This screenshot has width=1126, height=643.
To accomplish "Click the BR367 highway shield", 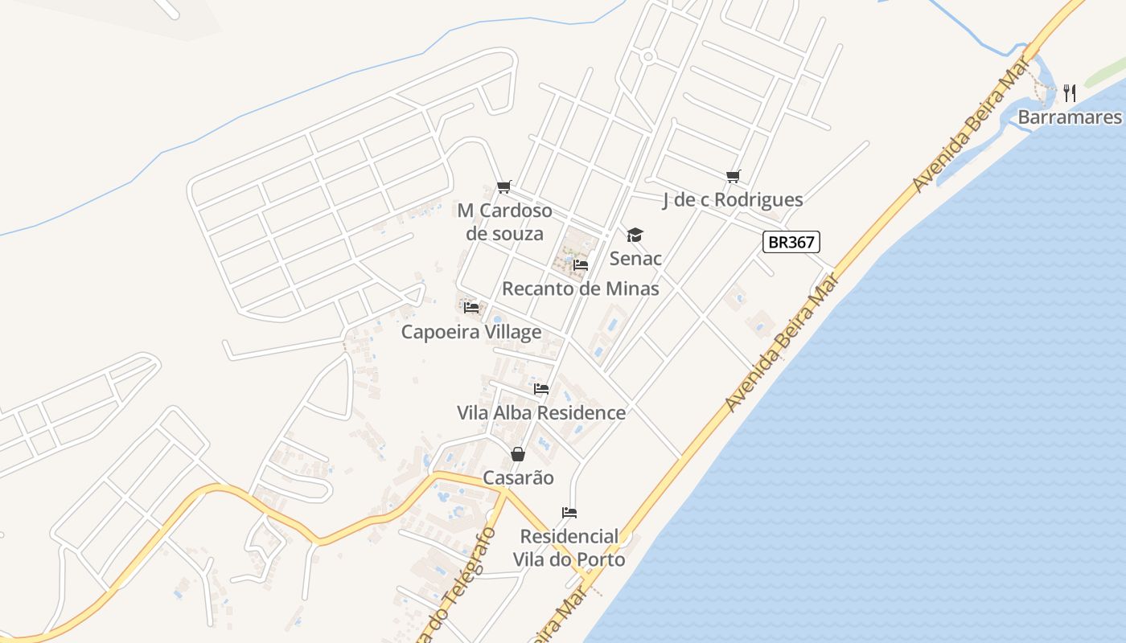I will coord(791,242).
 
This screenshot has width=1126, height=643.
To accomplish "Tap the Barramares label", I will coord(1070,117).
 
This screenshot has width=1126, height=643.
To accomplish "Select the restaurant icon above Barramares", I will coord(1070,93).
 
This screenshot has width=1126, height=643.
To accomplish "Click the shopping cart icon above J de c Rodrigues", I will coord(733,176).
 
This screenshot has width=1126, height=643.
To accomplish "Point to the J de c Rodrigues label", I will coord(733,200).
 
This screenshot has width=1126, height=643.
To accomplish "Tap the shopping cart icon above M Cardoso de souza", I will coord(504,187).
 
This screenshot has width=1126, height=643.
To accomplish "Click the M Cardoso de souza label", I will coord(504,222).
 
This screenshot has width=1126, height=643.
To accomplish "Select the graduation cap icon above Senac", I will coord(635,235).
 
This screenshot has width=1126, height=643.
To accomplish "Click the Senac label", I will coord(635,258).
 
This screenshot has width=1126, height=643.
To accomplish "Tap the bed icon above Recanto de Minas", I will coord(581,264).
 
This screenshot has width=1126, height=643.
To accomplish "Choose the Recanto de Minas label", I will coord(581,289).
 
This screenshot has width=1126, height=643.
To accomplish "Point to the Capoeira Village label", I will coord(471,332).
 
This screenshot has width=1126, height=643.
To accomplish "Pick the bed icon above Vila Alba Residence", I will coord(541,389).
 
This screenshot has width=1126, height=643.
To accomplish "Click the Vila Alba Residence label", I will coord(541,413).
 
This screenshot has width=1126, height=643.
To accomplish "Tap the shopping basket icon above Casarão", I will coord(518,454).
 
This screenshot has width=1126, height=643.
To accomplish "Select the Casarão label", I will coord(518,478).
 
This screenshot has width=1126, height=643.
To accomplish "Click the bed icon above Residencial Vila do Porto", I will coord(569,512).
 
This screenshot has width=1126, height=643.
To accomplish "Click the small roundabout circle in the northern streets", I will coord(647,56).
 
